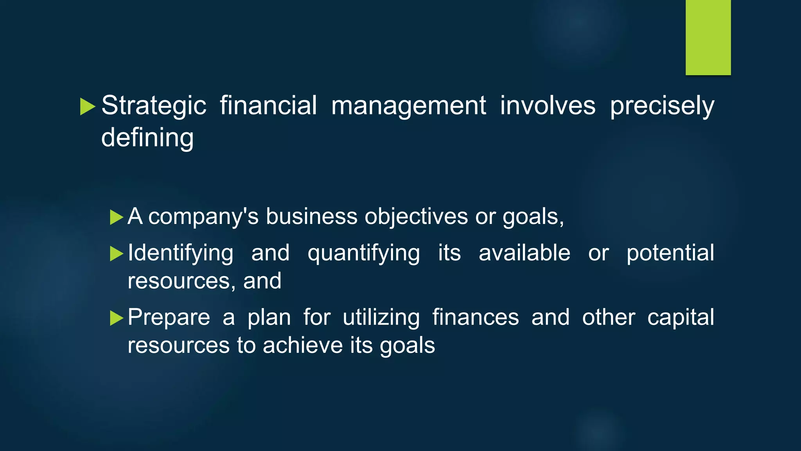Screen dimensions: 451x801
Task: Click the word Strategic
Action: [154, 106]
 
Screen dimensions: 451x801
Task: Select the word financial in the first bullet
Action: [268, 106]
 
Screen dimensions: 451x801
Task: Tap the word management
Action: [409, 106]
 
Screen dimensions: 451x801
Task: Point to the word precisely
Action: [662, 106]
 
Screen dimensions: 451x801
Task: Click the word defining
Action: [147, 138]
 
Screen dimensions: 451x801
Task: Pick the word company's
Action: [203, 216]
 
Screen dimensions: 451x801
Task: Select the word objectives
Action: [416, 216]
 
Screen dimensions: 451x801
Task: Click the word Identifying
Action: [181, 253]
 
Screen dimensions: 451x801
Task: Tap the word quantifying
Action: [364, 253]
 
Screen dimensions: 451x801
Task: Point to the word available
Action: [524, 253]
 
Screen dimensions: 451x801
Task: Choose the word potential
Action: [670, 253]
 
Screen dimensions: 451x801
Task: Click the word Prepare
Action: [169, 317]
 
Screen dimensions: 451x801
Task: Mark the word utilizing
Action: [381, 317]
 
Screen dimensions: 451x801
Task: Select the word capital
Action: [681, 317]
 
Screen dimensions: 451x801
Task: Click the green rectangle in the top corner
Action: [708, 37]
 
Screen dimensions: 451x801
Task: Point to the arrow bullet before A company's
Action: [117, 217]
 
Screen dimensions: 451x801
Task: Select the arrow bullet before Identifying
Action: [117, 254]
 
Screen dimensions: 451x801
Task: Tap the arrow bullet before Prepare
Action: [117, 318]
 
